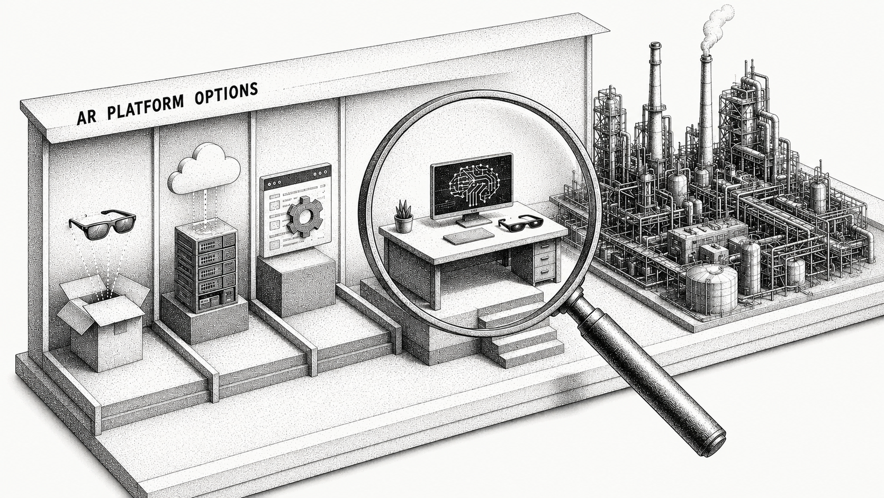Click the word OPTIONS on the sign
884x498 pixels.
pyautogui.click(x=225, y=93)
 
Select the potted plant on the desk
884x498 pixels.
pyautogui.click(x=403, y=216)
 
